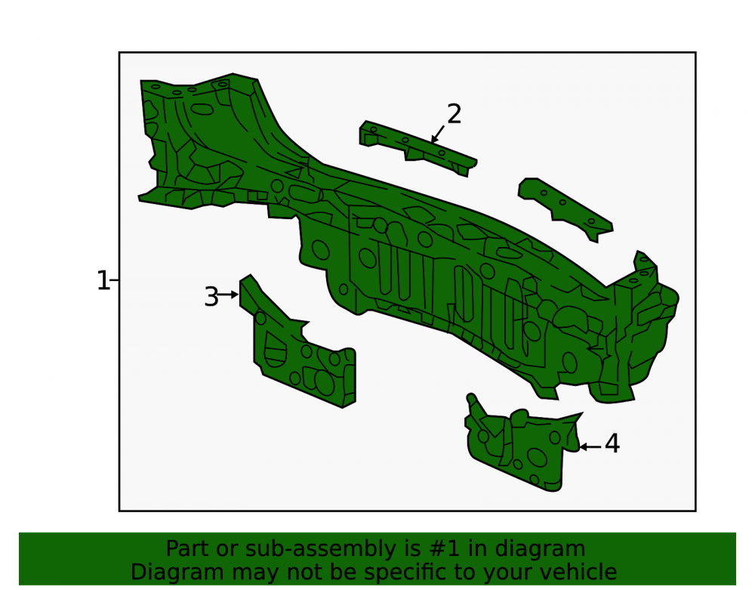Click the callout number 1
(x=103, y=280)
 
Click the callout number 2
(x=454, y=114)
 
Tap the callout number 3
(x=211, y=297)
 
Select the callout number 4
(x=612, y=443)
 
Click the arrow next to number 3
(x=228, y=295)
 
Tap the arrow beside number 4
(x=590, y=447)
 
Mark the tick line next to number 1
(x=115, y=280)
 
